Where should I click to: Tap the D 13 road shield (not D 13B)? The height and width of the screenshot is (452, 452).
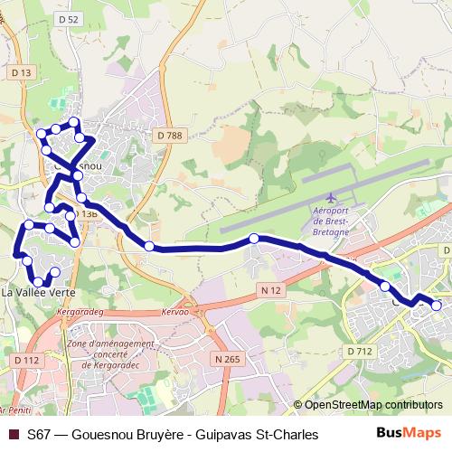(x=22, y=71)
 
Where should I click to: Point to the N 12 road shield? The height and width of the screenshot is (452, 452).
(x=268, y=290)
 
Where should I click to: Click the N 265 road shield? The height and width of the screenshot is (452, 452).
(x=228, y=359)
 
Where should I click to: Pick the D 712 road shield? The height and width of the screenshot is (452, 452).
(x=359, y=351)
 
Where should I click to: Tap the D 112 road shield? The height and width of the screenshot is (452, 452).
(x=27, y=360)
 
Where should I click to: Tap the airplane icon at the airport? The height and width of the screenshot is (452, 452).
(x=331, y=197)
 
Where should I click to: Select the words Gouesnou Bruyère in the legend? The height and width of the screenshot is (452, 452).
(x=131, y=434)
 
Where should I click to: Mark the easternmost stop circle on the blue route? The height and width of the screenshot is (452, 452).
(x=437, y=306)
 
